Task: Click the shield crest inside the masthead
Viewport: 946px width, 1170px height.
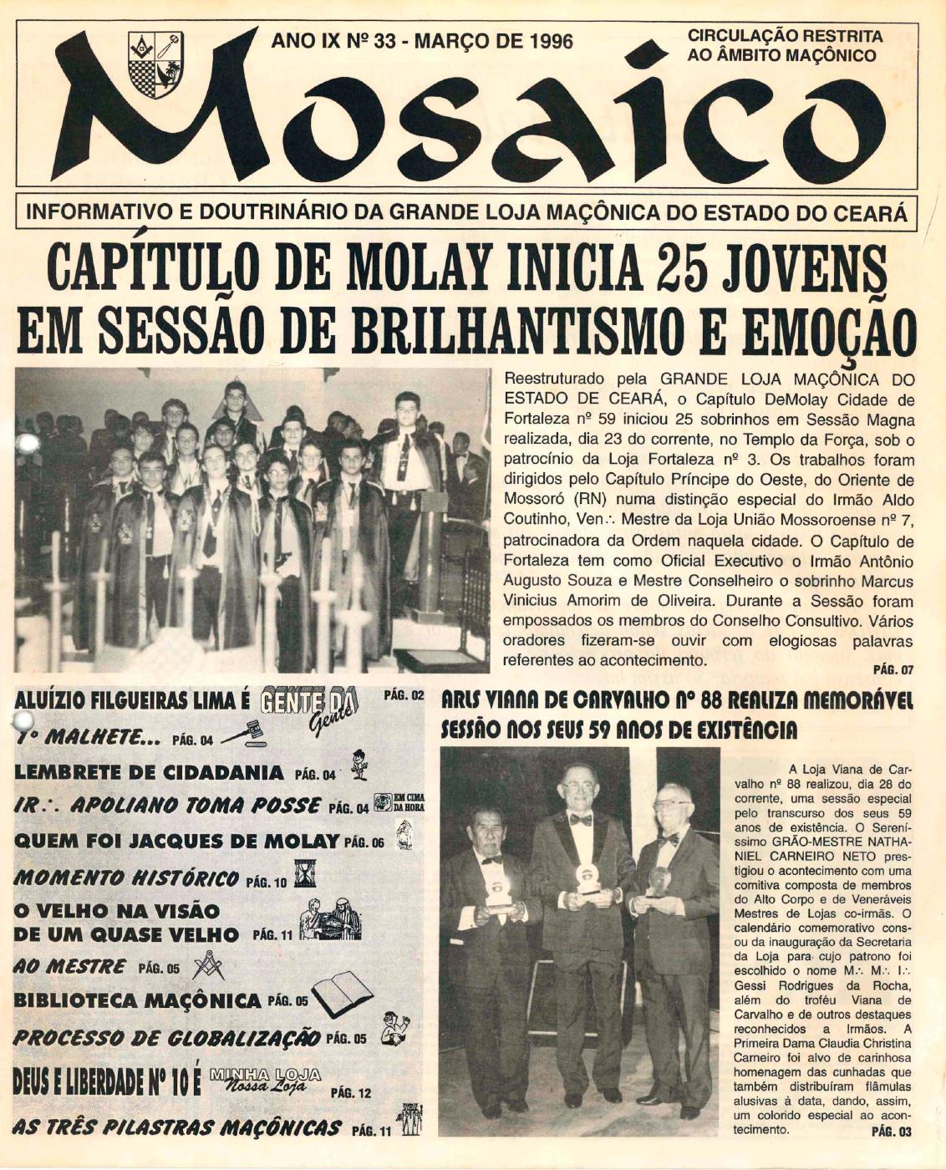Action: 155,64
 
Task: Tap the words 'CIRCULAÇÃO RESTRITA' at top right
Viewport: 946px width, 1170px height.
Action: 784,37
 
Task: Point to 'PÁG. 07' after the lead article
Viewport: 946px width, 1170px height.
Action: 893,669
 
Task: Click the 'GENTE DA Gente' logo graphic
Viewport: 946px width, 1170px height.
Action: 310,705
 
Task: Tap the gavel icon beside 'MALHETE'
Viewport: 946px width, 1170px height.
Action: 243,735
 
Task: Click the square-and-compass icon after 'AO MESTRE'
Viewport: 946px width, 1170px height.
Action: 208,968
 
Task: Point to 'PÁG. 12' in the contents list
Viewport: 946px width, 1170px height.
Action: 351,1092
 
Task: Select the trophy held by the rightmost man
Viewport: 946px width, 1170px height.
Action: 659,882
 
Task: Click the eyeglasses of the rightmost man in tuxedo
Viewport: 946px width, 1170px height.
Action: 673,804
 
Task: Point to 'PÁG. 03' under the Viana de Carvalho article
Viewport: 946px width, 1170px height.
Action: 892,1132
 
